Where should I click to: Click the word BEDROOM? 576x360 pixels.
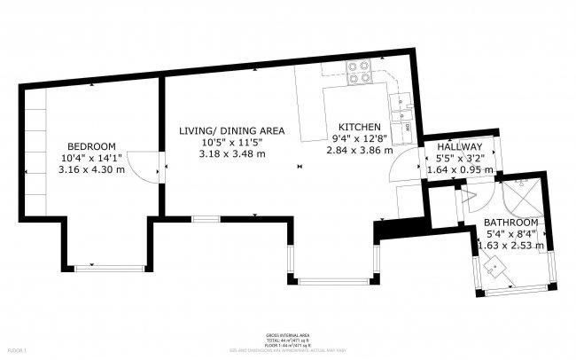click(x=92, y=145)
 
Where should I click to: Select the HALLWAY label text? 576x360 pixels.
click(x=459, y=146)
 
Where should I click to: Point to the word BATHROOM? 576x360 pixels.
click(x=511, y=222)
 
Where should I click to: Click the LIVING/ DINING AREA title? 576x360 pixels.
click(x=231, y=130)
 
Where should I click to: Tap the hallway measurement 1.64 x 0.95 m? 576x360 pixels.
click(x=459, y=168)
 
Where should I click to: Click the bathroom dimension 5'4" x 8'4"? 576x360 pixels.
click(x=513, y=233)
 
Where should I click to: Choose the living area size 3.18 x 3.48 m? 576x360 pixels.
click(x=231, y=153)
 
